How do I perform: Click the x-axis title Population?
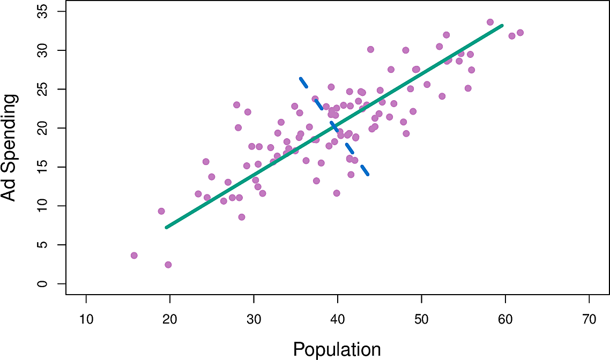pos(337,349)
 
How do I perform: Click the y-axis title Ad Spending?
pos(9,147)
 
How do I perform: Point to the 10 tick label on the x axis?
pos(86,320)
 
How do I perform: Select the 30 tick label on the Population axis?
pos(254,320)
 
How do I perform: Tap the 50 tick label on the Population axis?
pos(421,320)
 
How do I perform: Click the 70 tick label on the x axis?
pos(589,320)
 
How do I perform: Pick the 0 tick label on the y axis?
pos(43,284)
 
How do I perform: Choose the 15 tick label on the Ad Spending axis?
pos(43,167)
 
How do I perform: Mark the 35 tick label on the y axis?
pos(43,11)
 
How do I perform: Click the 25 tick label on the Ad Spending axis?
pos(43,89)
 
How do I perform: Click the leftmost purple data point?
pos(134,256)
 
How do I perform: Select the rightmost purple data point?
pos(520,33)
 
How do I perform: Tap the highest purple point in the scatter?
pos(490,22)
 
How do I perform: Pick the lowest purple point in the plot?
pos(168,265)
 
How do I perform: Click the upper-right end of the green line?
pos(502,25)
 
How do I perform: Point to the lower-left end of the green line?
pos(167,228)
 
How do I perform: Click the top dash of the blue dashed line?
pos(303,82)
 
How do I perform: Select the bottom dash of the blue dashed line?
pos(364,171)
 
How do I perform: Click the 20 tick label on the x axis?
pos(170,320)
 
